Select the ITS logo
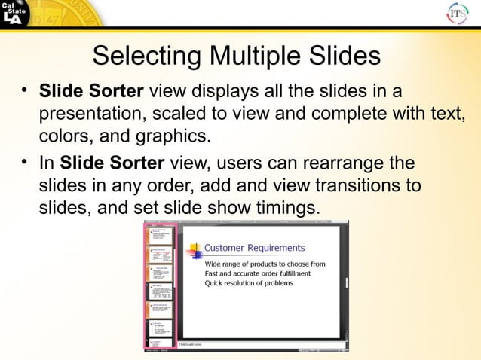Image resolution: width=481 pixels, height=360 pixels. pos(458,14)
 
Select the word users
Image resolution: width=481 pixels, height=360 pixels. pos(237,162)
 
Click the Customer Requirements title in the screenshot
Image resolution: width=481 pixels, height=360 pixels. pos(255,248)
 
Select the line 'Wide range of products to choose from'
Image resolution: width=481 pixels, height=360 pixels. pos(265,264)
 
